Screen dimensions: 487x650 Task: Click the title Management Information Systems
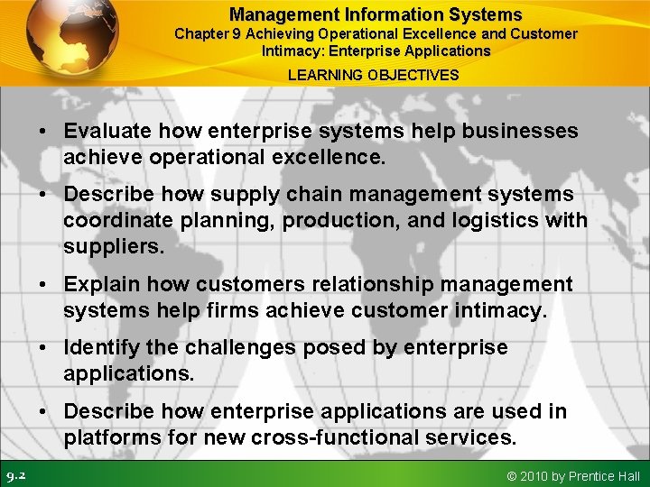point(376,14)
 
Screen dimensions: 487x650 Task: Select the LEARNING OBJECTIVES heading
point(373,75)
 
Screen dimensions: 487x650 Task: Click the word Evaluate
point(107,132)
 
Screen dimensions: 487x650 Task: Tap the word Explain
point(102,285)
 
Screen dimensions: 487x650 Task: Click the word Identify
point(101,348)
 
